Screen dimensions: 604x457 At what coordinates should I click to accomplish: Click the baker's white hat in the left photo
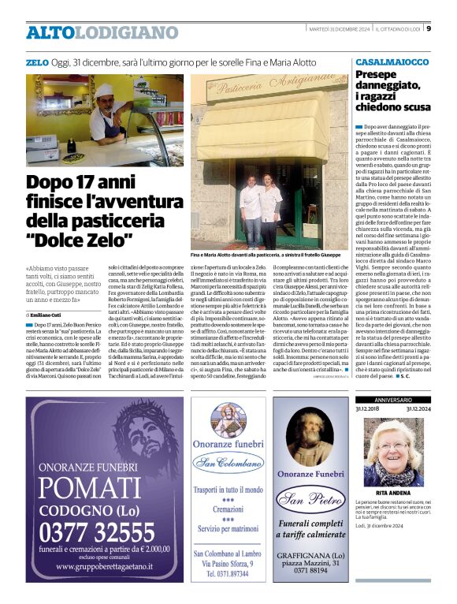coord(104,89)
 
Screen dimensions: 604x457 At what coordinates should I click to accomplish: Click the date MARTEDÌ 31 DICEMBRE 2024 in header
coord(337,29)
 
